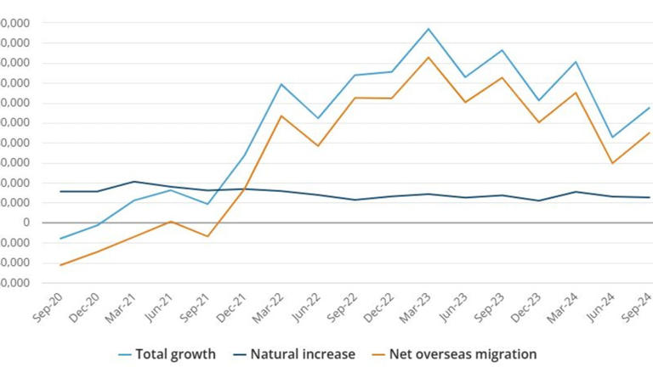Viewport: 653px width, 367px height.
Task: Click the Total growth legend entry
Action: [x=175, y=353]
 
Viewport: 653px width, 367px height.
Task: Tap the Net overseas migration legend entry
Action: [x=463, y=353]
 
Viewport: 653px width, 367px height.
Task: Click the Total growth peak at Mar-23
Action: [x=429, y=29]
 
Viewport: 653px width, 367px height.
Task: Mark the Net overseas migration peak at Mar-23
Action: [x=429, y=57]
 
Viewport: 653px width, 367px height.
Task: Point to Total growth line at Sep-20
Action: [x=60, y=239]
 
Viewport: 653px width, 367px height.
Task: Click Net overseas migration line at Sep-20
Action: [x=60, y=265]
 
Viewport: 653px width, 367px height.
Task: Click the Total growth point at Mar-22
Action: [x=281, y=84]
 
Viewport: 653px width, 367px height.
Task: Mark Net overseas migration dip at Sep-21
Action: [x=207, y=236]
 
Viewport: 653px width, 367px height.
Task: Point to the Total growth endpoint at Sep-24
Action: [x=649, y=108]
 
